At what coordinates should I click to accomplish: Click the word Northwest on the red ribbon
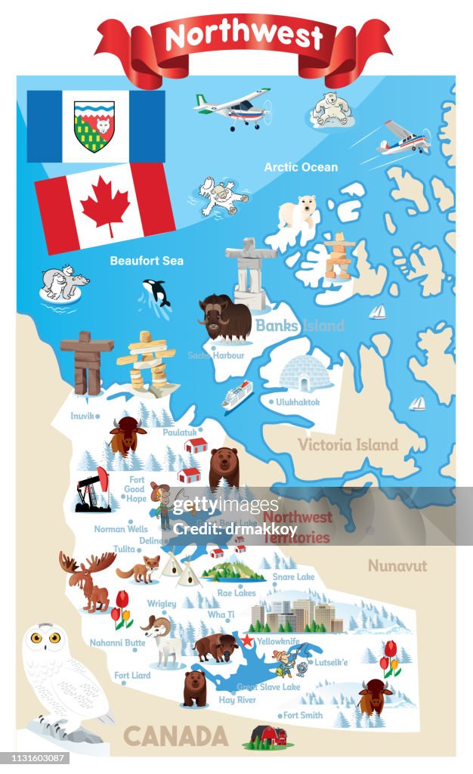[243, 36]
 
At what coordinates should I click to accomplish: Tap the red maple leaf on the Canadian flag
[105, 206]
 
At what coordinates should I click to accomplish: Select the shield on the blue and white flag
[94, 126]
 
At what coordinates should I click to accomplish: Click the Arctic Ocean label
[301, 167]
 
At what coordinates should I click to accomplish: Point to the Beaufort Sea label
[147, 261]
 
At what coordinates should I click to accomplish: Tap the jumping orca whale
[156, 293]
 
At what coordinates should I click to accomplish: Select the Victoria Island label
[348, 444]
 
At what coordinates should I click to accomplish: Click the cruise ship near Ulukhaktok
[237, 395]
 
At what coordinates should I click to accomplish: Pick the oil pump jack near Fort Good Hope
[94, 489]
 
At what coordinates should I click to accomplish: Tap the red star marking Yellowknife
[246, 640]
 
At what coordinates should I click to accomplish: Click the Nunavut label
[397, 565]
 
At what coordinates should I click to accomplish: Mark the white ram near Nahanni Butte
[162, 639]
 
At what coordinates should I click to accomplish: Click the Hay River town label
[236, 701]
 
